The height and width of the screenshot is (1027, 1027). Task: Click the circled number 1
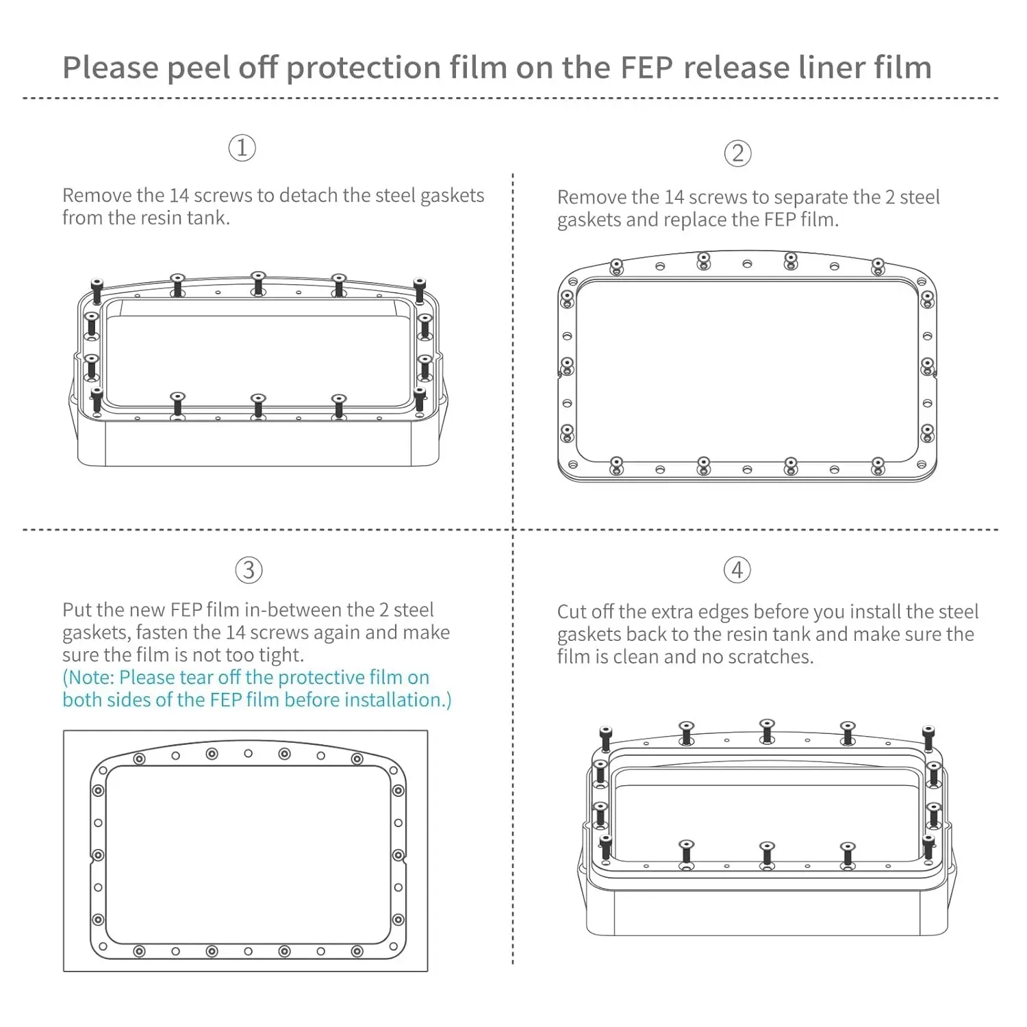[242, 148]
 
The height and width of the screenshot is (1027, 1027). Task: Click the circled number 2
[737, 153]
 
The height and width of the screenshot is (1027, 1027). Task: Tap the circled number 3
[249, 570]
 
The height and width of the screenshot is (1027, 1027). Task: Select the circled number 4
[737, 570]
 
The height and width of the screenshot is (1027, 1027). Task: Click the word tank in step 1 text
[208, 218]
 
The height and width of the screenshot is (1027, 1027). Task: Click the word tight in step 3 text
[282, 655]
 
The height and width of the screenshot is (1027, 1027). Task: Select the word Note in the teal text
[90, 678]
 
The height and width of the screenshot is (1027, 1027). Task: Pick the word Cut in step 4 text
[571, 611]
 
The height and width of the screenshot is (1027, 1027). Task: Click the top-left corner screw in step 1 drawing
[97, 290]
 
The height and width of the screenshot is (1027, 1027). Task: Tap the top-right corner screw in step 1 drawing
[419, 290]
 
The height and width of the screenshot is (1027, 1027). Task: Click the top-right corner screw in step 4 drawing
[928, 738]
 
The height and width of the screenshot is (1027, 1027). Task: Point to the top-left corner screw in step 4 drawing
[605, 738]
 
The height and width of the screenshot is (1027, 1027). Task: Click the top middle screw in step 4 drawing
[767, 731]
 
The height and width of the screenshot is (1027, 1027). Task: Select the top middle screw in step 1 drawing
[258, 283]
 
